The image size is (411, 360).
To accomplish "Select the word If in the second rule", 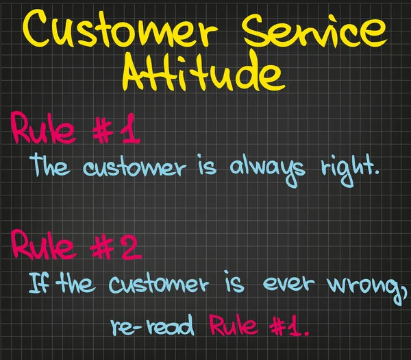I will tap(38, 283).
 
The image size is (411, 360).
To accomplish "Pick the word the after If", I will tap(77, 283).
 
